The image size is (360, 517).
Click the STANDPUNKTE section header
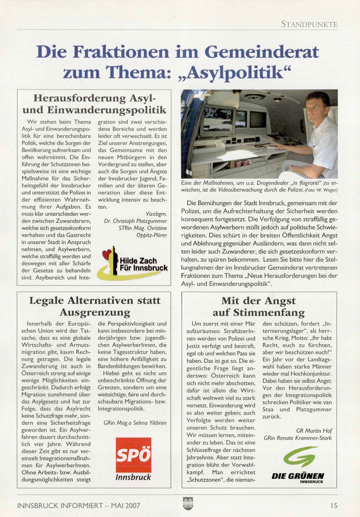click(309, 24)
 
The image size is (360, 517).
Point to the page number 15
click(334, 505)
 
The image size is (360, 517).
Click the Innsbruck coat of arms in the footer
click(188, 504)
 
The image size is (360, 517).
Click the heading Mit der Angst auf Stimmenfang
click(259, 307)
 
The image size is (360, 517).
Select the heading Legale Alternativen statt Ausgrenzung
click(95, 306)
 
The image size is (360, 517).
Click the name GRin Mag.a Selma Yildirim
click(135, 423)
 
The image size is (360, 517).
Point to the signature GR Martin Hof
click(314, 431)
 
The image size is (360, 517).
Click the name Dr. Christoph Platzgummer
click(136, 221)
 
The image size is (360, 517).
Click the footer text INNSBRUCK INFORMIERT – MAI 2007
click(79, 505)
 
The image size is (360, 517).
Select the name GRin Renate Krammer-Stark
click(297, 438)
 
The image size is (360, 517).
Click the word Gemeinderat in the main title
click(261, 52)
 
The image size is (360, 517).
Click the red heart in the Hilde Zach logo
click(106, 254)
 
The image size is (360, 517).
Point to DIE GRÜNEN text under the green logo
click(298, 476)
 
